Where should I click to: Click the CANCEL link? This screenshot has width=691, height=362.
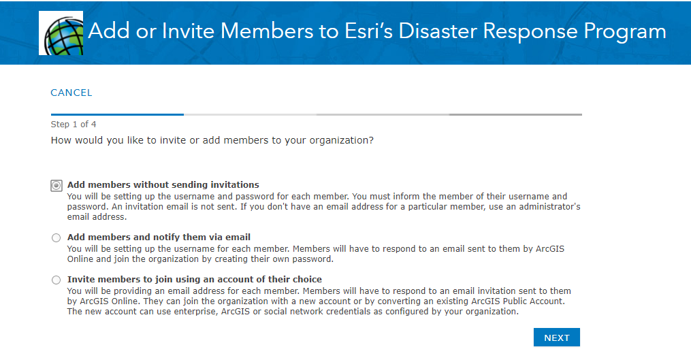click(71, 93)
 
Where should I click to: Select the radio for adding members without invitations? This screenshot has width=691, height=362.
click(57, 185)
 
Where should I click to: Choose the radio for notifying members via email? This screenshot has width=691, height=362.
click(56, 237)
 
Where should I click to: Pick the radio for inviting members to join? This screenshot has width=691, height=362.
click(56, 280)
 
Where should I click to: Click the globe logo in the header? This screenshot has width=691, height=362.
click(61, 33)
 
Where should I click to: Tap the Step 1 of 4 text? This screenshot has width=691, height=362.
click(73, 125)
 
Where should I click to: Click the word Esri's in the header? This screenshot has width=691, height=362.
click(368, 31)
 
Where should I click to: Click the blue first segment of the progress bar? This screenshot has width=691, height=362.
click(117, 114)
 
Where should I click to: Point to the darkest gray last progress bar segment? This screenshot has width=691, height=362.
click(515, 114)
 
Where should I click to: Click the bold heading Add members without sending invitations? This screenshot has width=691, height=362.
click(163, 185)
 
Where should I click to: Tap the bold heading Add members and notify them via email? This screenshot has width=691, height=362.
click(159, 237)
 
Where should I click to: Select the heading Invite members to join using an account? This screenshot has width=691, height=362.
click(194, 280)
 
